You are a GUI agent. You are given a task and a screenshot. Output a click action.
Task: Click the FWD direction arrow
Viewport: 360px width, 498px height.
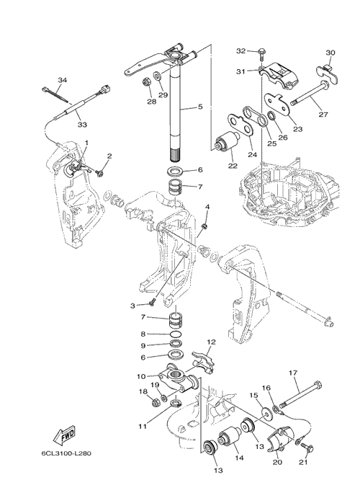(64, 435)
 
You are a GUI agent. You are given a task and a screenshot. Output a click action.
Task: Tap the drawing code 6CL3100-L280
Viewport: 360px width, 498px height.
(66, 453)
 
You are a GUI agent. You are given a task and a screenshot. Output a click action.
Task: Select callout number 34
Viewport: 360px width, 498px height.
(62, 80)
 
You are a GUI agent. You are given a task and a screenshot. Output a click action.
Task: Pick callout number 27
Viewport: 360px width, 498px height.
(323, 115)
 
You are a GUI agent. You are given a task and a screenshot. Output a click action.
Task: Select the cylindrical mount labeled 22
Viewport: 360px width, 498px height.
(227, 143)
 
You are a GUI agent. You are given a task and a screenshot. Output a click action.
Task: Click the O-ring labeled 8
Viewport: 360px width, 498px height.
(176, 334)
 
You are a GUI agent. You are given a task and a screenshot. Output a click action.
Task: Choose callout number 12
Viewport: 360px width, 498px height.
(211, 342)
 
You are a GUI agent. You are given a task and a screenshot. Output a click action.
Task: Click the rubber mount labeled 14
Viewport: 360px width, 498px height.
(230, 437)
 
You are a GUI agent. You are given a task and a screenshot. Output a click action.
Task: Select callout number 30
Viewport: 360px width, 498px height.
(330, 53)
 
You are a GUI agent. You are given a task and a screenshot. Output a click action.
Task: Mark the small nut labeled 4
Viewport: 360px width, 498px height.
(204, 226)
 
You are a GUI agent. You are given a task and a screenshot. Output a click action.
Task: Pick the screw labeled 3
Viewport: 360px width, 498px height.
(152, 302)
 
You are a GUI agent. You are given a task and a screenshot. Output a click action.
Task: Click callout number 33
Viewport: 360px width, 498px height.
(82, 125)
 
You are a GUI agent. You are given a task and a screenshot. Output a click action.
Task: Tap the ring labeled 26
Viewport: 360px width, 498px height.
(272, 116)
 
